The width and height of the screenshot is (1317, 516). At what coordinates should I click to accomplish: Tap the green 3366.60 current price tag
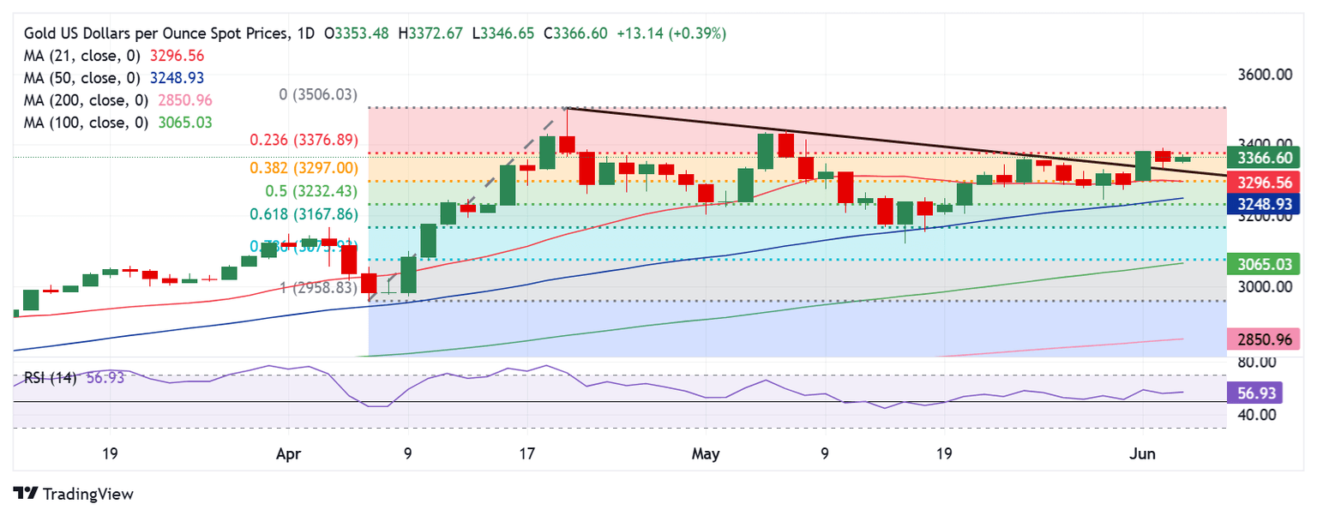(x=1263, y=158)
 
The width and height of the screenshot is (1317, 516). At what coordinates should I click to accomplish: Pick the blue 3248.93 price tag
(x=1263, y=204)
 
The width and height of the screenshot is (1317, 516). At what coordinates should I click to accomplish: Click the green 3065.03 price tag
(x=1263, y=264)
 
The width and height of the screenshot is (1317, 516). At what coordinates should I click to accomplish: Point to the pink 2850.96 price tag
(x=1263, y=339)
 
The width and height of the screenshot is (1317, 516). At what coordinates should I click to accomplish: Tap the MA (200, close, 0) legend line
(x=118, y=99)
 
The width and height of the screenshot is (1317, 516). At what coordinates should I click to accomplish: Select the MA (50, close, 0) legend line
(x=114, y=77)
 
